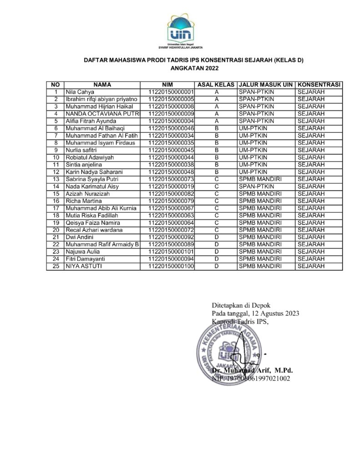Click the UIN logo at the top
click(x=180, y=27)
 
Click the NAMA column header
click(x=102, y=85)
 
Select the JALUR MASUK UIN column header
click(x=266, y=85)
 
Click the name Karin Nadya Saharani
click(x=95, y=172)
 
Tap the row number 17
click(x=56, y=208)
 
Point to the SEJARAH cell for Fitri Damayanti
click(x=310, y=259)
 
